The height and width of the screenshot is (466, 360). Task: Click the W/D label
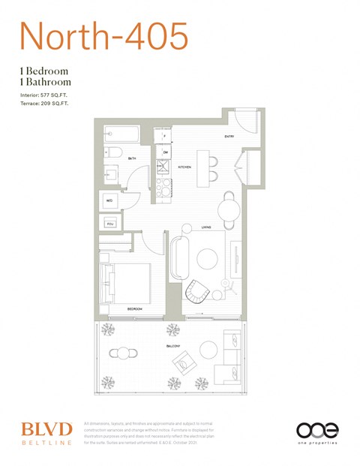(109, 201)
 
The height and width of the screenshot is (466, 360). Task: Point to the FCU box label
(110, 224)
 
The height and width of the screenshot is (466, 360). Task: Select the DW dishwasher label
(166, 153)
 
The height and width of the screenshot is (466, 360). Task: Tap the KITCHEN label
(184, 167)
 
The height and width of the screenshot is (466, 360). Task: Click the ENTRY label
(229, 137)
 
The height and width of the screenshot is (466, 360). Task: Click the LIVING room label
(205, 227)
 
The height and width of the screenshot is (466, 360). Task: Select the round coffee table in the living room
(207, 259)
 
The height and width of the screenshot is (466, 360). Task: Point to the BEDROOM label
(134, 309)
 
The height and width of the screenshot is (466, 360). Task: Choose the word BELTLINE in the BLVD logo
(46, 443)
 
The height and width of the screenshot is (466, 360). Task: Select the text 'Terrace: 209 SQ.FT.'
(41, 105)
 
